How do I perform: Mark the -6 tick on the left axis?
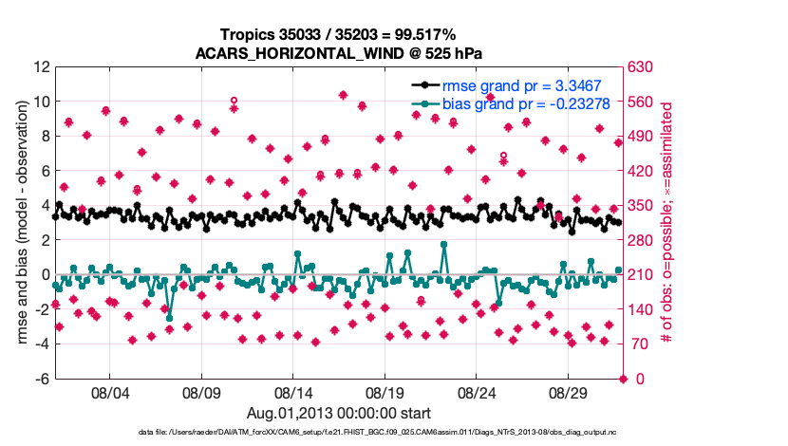[42, 380]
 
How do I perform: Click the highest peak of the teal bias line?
[444, 245]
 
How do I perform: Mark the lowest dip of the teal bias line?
[169, 317]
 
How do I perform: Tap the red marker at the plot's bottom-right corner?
[623, 380]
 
